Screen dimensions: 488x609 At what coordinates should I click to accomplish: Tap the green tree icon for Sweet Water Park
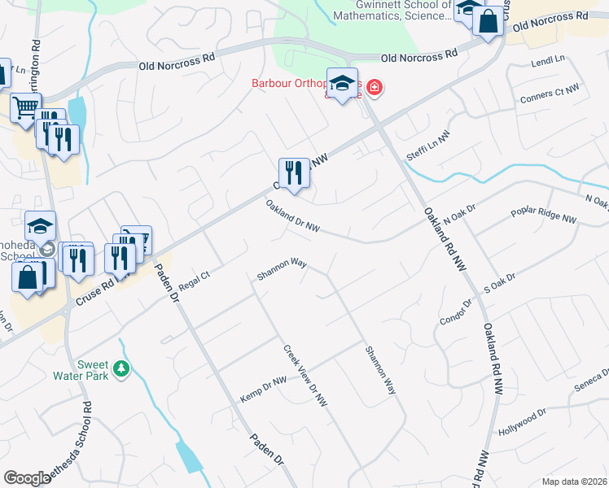tap(121, 370)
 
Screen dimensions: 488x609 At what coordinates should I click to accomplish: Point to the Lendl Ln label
tap(547, 61)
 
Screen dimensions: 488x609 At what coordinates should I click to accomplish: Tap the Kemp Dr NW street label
tap(264, 390)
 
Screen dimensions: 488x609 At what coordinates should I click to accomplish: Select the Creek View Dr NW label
tap(305, 375)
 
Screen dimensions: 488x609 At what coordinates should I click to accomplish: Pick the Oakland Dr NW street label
tap(292, 216)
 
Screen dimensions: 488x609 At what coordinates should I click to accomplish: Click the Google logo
tap(28, 478)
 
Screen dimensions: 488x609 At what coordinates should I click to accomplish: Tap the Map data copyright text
tap(575, 481)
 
